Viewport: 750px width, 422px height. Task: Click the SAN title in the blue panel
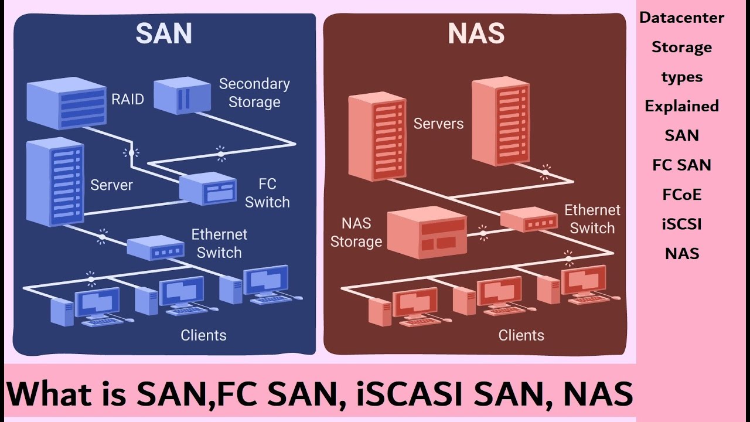click(x=163, y=35)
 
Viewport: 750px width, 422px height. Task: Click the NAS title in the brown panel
click(x=476, y=35)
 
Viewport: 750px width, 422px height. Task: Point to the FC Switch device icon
click(x=207, y=189)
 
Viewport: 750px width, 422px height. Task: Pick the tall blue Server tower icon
click(x=55, y=182)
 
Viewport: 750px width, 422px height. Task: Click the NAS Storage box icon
click(x=427, y=232)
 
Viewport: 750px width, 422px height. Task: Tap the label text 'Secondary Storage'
click(x=254, y=93)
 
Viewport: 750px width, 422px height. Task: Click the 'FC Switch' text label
click(x=267, y=193)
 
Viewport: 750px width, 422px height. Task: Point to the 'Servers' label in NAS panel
click(x=438, y=124)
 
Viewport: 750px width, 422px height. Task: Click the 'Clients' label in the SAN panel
click(x=203, y=335)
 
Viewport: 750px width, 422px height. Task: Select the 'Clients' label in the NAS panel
click(x=521, y=335)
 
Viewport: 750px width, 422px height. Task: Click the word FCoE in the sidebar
click(x=682, y=195)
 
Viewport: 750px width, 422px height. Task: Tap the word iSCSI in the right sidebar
click(x=682, y=224)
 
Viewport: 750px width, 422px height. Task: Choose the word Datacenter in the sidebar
click(x=681, y=18)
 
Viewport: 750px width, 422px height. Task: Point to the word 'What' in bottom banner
click(x=50, y=393)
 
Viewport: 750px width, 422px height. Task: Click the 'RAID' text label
click(x=128, y=99)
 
